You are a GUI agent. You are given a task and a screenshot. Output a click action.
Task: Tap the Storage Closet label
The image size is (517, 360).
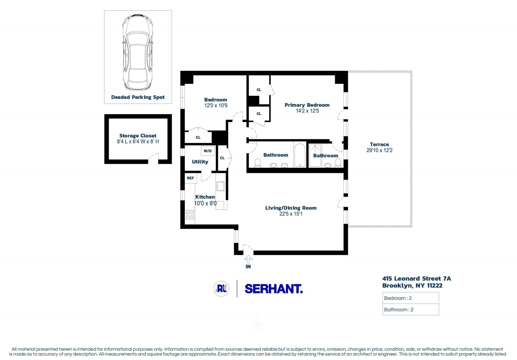(x=138, y=136)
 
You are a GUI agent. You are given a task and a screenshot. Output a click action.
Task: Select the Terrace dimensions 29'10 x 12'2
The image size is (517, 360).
(x=379, y=150)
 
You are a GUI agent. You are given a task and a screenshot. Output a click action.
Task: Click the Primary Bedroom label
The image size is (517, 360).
(x=307, y=105)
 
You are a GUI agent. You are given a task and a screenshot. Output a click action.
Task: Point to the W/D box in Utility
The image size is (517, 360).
(x=208, y=151)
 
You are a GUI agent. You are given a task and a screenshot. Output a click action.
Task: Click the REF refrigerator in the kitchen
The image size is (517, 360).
(x=190, y=178)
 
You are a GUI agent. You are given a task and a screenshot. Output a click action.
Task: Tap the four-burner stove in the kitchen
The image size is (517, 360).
(x=190, y=215)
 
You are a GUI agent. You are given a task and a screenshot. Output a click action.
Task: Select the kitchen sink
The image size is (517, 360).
(x=220, y=186)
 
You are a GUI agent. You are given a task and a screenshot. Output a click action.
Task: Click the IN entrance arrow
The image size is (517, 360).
(x=248, y=259)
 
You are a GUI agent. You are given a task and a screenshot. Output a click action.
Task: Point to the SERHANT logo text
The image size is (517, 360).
(x=273, y=289)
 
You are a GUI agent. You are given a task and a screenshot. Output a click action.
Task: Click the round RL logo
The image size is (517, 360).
(x=221, y=289)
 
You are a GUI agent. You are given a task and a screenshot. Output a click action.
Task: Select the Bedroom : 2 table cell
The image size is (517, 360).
(x=410, y=298)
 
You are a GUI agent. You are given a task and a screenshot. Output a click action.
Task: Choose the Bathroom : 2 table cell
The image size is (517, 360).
(x=410, y=310)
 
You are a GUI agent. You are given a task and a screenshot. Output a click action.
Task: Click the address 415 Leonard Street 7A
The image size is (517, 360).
(x=416, y=279)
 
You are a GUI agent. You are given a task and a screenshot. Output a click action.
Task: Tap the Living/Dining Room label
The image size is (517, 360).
(x=291, y=208)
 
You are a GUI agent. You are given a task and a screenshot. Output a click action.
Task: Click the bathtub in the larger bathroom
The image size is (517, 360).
(x=300, y=156)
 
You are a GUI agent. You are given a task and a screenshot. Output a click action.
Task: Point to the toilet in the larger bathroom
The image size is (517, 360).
(x=258, y=163)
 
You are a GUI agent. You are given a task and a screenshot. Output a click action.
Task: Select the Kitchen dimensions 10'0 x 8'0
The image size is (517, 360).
(x=205, y=203)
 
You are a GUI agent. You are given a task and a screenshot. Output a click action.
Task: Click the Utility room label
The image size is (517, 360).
(x=200, y=162)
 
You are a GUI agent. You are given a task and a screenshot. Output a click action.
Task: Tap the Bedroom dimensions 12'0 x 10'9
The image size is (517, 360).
(x=216, y=106)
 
